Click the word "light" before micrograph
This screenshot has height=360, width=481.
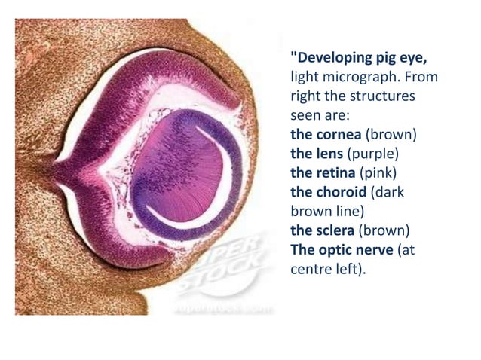[305, 78]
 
